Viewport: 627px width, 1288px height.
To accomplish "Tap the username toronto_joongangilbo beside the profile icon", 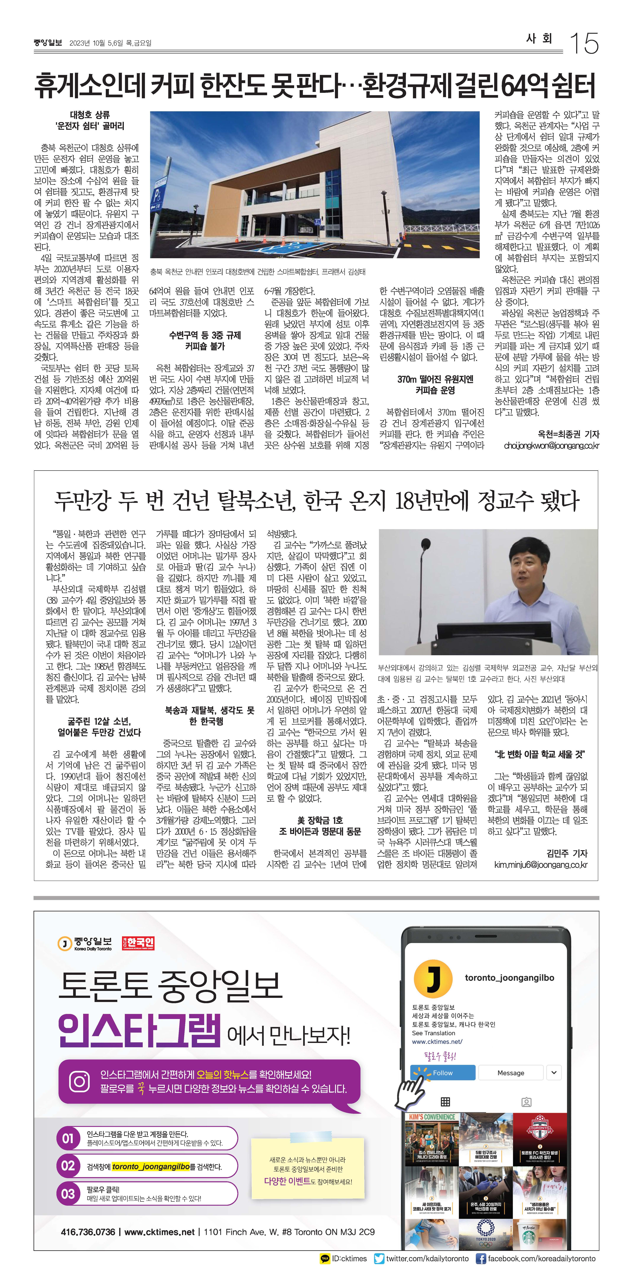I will coord(509,977).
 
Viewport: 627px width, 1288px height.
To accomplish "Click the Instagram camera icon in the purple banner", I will coord(79,1082).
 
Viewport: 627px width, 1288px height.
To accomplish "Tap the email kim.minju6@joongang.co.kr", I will coord(541,865).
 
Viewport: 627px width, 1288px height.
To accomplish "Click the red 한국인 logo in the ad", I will coord(138,943).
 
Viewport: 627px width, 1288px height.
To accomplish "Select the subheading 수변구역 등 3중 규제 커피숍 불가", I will coord(205,341).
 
